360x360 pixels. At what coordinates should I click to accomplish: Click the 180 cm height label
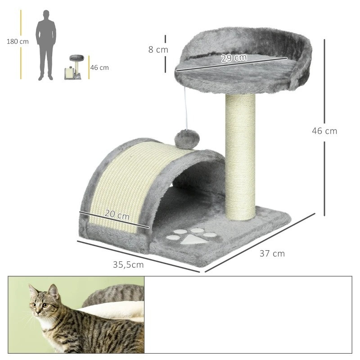click(18, 41)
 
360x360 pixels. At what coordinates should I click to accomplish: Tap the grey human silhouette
click(46, 45)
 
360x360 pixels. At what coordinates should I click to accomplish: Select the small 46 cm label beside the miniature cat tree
click(99, 67)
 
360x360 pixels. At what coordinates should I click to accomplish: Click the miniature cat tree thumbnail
click(74, 67)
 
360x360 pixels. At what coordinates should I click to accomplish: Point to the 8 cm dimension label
click(158, 49)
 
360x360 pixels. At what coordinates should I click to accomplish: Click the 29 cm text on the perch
click(234, 58)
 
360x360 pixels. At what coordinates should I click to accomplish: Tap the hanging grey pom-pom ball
click(187, 139)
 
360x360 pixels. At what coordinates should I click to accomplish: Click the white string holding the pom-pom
click(186, 108)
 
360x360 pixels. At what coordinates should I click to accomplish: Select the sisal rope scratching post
click(240, 157)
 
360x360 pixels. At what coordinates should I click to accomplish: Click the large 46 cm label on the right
click(324, 131)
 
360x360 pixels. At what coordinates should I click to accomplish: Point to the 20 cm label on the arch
click(117, 215)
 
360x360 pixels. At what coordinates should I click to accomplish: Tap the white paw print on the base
click(192, 236)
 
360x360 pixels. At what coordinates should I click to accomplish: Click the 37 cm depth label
click(272, 253)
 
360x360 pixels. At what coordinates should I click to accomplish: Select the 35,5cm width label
click(128, 265)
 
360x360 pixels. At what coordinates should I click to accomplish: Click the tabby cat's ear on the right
click(54, 291)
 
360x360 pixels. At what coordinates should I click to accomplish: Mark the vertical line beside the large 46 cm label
click(324, 127)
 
